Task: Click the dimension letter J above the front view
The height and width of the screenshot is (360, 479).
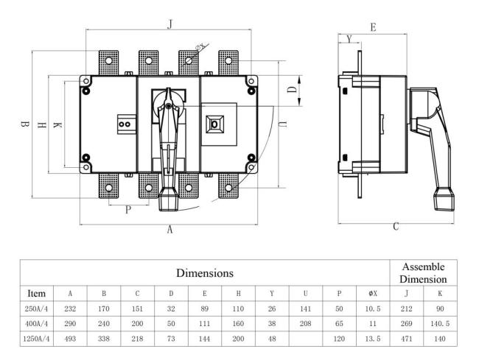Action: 170,24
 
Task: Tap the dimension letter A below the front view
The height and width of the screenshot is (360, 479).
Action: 169,229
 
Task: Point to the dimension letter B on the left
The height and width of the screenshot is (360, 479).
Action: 25,126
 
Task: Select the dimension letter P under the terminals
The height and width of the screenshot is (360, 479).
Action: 127,210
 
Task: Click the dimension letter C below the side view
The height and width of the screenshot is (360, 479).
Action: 396,227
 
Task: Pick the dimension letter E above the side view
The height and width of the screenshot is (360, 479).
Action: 374,27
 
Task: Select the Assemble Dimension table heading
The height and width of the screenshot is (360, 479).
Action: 424,272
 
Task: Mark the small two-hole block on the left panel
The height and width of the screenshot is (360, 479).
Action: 125,124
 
